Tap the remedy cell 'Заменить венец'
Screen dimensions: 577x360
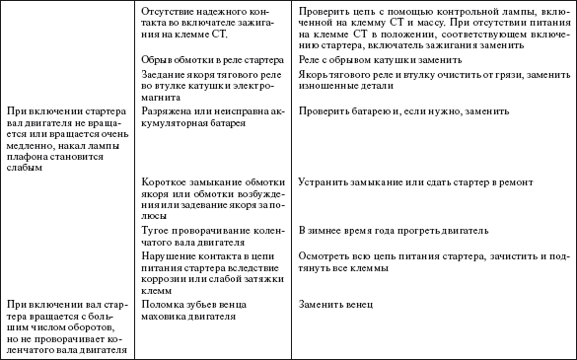330,303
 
